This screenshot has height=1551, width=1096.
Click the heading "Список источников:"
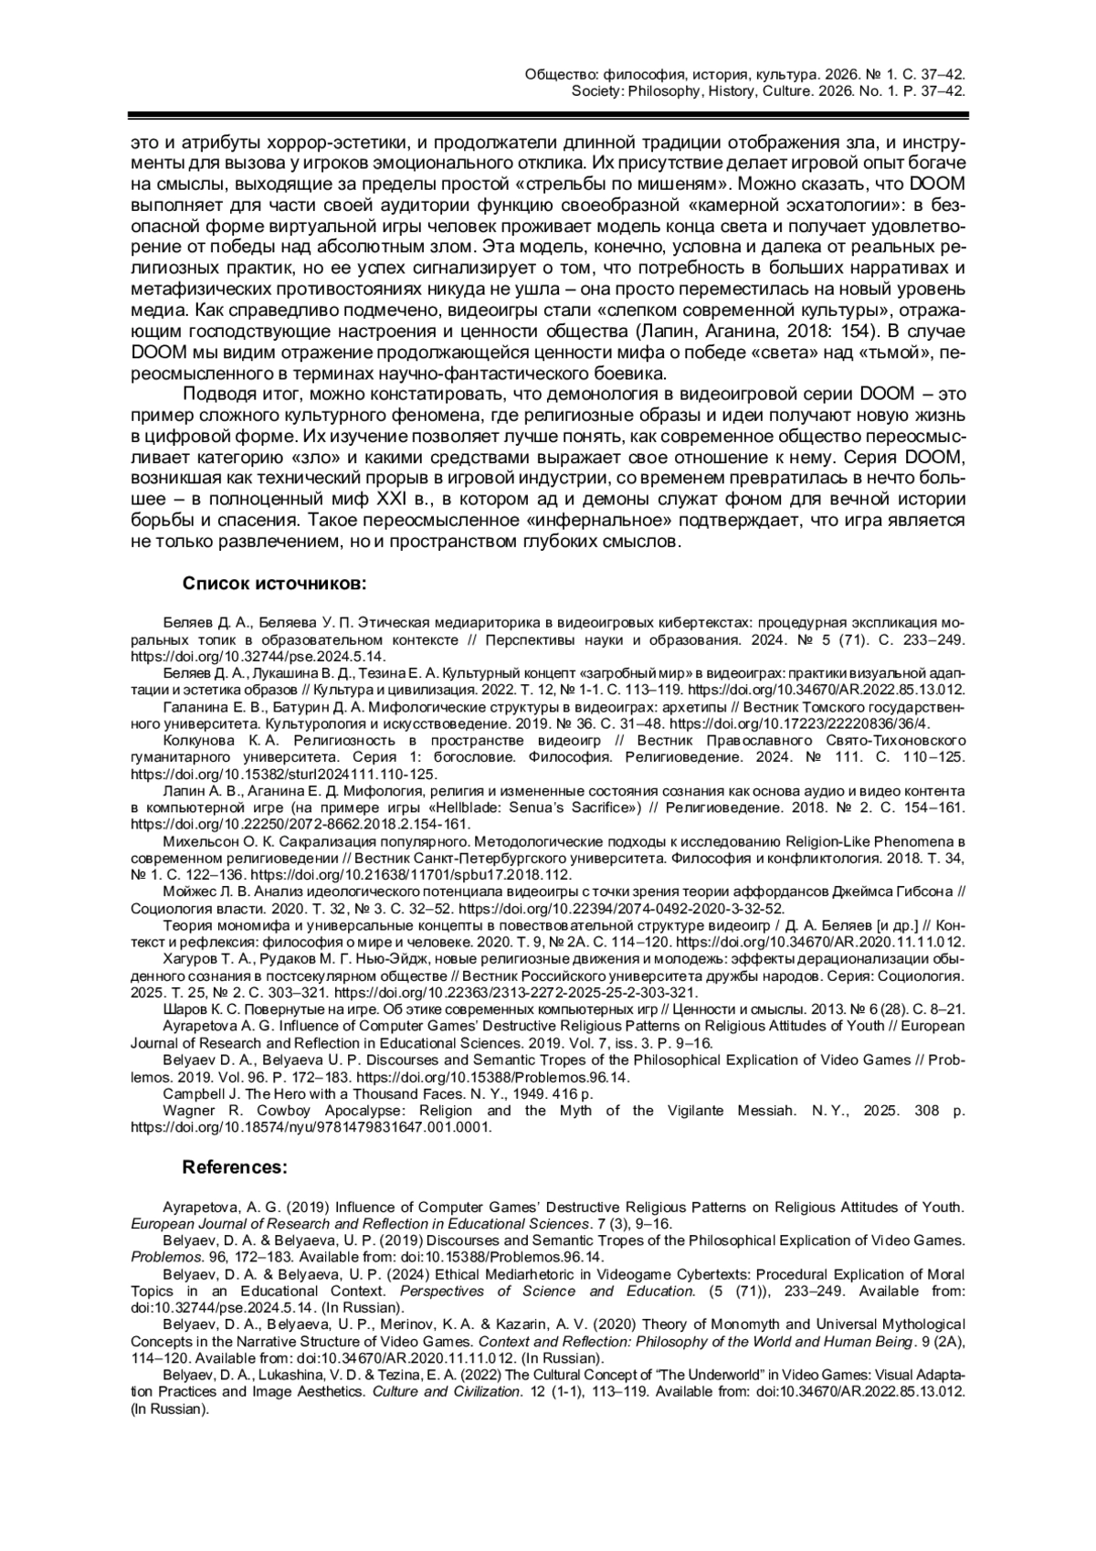click(x=274, y=583)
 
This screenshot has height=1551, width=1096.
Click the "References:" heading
click(x=236, y=1167)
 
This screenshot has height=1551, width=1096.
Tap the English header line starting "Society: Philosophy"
click(x=768, y=91)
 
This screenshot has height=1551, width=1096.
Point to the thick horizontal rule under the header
click(x=548, y=116)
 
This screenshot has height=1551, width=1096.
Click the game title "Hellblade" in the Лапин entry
click(x=465, y=807)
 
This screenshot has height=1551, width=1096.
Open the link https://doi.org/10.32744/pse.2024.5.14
click(x=258, y=656)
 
